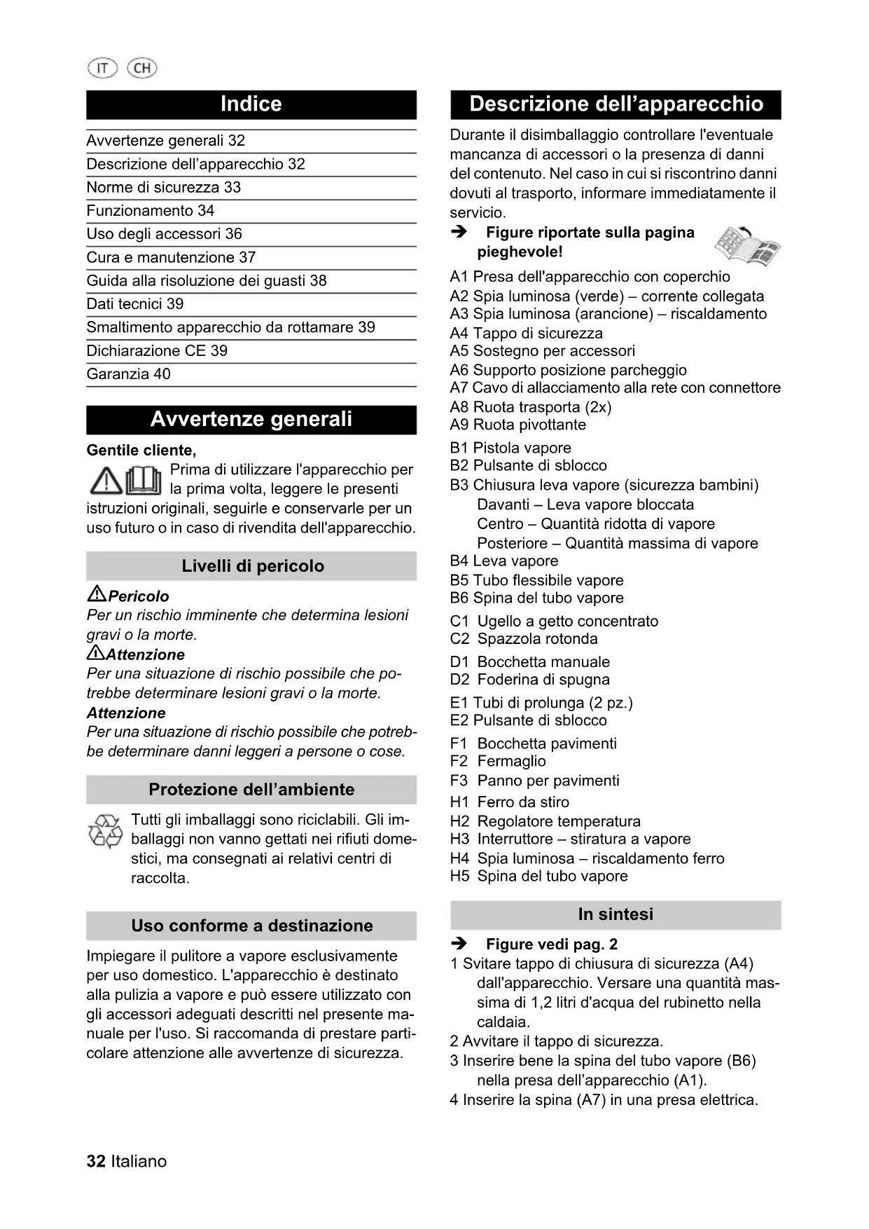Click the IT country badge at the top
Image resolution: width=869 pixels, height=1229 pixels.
tap(102, 68)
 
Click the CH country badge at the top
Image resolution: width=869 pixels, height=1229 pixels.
tap(142, 68)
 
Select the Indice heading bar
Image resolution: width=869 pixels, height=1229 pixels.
tap(251, 104)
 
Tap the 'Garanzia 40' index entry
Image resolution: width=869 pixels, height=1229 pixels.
tap(129, 374)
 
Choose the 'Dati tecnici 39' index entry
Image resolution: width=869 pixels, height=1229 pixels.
tap(135, 304)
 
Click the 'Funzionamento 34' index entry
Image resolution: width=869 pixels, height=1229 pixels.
tap(151, 211)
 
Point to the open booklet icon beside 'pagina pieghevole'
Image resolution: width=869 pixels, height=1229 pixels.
tap(746, 246)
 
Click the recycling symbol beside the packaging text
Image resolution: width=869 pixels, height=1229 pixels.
tap(105, 832)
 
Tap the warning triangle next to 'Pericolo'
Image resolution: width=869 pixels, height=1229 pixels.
tap(96, 596)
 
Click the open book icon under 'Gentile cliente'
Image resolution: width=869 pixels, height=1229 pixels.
tap(144, 480)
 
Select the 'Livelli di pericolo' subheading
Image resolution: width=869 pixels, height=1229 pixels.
tap(252, 566)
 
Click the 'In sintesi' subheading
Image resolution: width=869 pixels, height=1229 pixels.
tap(616, 914)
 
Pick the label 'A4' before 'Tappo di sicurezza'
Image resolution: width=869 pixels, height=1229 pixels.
tap(459, 334)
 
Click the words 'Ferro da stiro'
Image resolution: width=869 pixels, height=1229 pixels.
tap(523, 802)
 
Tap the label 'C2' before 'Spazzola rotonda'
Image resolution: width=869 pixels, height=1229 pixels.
tap(459, 639)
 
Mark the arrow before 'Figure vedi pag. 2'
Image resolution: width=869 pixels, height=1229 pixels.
tap(459, 945)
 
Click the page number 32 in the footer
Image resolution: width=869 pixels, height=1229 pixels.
tap(96, 1162)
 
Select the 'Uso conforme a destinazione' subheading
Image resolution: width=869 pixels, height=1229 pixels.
tap(252, 926)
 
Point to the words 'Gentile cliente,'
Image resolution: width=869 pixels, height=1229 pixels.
tap(141, 451)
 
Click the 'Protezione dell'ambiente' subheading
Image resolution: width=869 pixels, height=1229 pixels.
tap(252, 790)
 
